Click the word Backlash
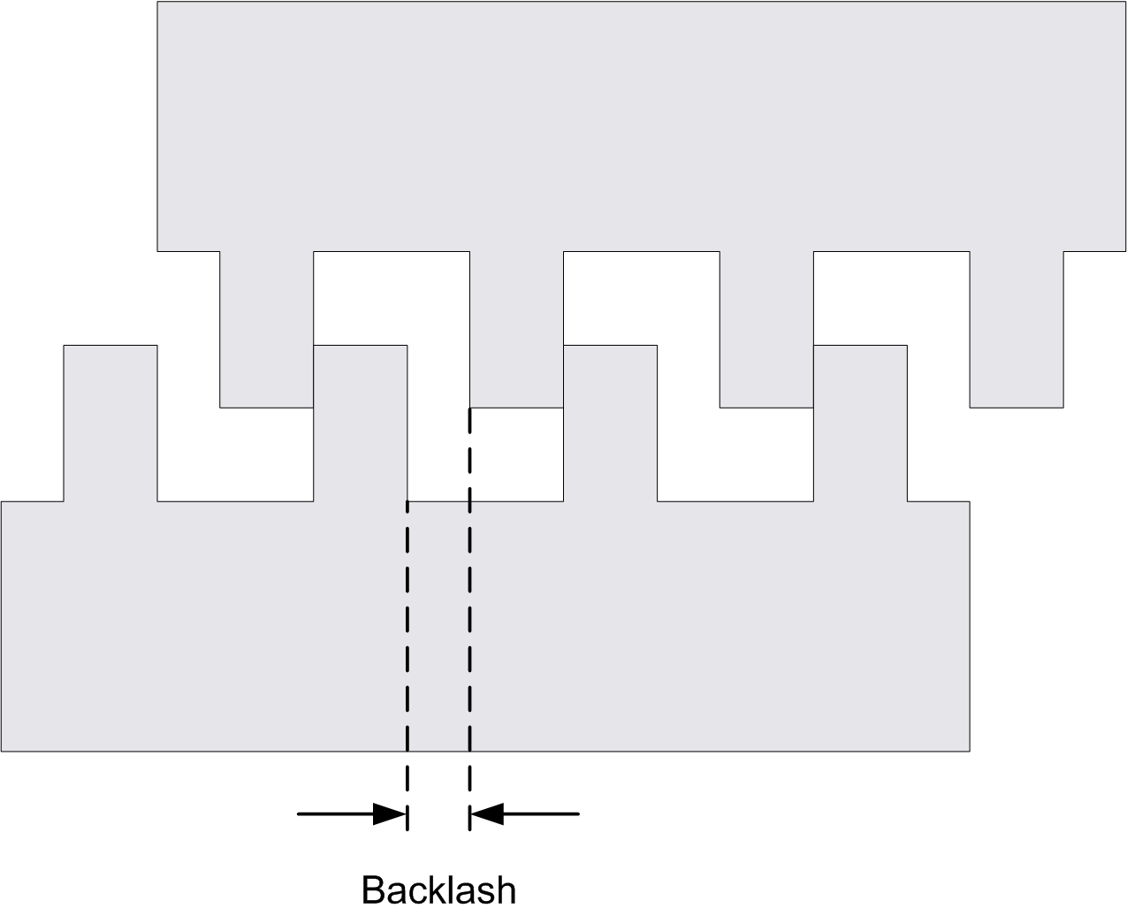[438, 889]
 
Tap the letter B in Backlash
[374, 889]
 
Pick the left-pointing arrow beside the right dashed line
[525, 813]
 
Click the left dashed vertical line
[407, 637]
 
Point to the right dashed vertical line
[469, 619]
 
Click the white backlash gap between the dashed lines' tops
[438, 455]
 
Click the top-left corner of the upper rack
[158, 3]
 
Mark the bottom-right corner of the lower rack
[969, 751]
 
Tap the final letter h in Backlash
[506, 889]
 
